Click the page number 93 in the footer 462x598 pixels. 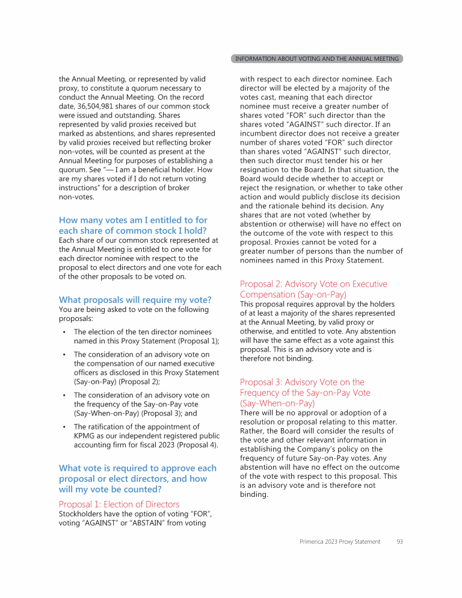(x=400, y=542)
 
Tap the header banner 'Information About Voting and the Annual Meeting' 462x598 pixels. (x=316, y=59)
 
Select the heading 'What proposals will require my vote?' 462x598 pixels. (x=135, y=299)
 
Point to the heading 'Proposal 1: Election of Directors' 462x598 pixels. (x=119, y=504)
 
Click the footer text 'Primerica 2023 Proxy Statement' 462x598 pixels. (x=340, y=542)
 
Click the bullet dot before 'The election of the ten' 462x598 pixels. (x=64, y=332)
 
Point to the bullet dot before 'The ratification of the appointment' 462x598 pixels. (x=64, y=427)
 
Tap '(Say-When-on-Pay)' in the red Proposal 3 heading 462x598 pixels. (x=277, y=403)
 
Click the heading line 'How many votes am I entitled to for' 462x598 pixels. (x=133, y=220)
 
